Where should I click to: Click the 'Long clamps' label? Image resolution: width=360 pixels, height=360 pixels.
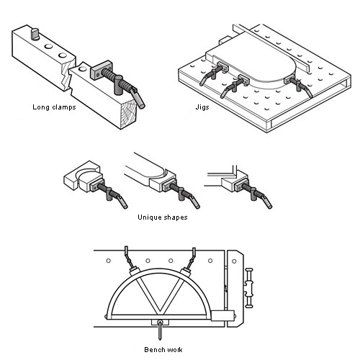pos(54,107)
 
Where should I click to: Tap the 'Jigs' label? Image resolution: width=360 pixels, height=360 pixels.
pos(202,107)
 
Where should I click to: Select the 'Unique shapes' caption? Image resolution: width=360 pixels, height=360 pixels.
pos(163,217)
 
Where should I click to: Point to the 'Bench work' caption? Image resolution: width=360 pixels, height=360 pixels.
pos(163,349)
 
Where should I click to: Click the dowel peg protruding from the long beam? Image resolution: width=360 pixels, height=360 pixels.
pos(35,34)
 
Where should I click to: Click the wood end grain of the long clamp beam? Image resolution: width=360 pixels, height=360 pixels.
pos(129,114)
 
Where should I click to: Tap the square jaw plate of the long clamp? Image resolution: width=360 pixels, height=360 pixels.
pos(101,71)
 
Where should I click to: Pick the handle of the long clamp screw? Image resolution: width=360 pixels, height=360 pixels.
pos(138,98)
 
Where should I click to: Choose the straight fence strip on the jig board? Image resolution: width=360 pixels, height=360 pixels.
pos(271,48)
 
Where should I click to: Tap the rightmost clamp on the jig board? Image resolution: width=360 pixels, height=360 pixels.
pos(298,86)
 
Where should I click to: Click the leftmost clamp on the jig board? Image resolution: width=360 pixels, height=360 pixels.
pos(212,72)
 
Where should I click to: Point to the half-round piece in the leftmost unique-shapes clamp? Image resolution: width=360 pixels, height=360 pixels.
pos(89,179)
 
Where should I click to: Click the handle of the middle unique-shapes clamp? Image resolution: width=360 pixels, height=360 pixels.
pos(195,202)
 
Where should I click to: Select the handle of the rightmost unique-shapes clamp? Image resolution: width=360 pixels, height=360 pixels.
pos(267,202)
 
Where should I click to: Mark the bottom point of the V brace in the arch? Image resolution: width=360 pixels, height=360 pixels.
pos(159,314)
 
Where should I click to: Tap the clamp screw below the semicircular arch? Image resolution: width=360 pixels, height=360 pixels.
pos(160,330)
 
